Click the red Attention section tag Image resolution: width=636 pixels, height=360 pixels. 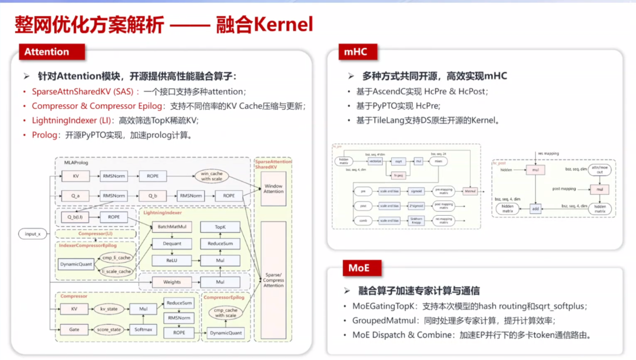[x=47, y=52]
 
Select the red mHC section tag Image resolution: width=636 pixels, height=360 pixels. [x=355, y=52]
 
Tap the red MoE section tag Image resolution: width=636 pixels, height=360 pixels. [x=359, y=268]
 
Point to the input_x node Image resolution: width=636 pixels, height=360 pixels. [x=33, y=234]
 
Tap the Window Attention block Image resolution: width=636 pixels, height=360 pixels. [x=273, y=189]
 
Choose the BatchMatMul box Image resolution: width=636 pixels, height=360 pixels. [x=172, y=227]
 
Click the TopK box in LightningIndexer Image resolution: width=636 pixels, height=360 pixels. [x=220, y=227]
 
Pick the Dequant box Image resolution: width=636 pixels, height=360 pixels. [x=172, y=243]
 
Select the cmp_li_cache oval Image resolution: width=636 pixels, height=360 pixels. [x=116, y=258]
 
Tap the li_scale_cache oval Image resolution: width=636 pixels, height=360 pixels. [x=116, y=271]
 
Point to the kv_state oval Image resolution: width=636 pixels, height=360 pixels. [x=110, y=309]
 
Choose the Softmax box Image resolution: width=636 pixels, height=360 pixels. [x=143, y=329]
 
